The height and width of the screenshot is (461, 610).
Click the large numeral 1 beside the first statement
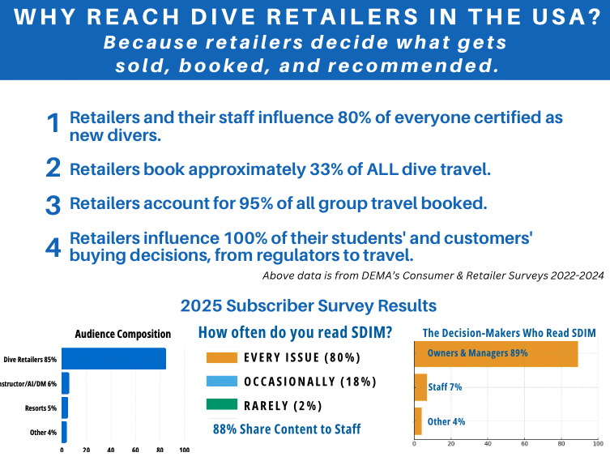(x=54, y=124)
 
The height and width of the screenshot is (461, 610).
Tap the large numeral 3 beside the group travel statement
(x=53, y=204)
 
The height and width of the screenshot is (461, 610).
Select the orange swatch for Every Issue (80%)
(x=222, y=357)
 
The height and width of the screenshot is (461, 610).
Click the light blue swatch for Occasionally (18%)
(x=222, y=382)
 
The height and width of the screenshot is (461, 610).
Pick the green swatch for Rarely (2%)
(x=222, y=405)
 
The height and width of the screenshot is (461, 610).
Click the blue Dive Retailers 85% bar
(x=113, y=358)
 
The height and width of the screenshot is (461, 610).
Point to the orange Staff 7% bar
(x=420, y=387)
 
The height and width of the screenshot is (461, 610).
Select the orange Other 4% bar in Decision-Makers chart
(x=417, y=421)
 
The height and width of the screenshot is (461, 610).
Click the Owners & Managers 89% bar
(x=495, y=353)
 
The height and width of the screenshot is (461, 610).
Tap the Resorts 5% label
(x=40, y=408)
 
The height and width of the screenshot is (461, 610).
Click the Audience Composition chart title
(x=122, y=333)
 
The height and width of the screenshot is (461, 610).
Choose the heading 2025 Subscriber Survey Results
(x=308, y=306)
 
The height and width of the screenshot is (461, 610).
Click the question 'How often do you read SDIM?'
(x=296, y=332)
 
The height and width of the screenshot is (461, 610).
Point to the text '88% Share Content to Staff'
(x=286, y=429)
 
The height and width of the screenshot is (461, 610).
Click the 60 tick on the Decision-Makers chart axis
(x=524, y=444)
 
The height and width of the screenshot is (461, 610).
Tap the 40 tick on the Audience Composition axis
(x=110, y=450)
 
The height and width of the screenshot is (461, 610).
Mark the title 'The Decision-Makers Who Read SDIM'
(x=510, y=333)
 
